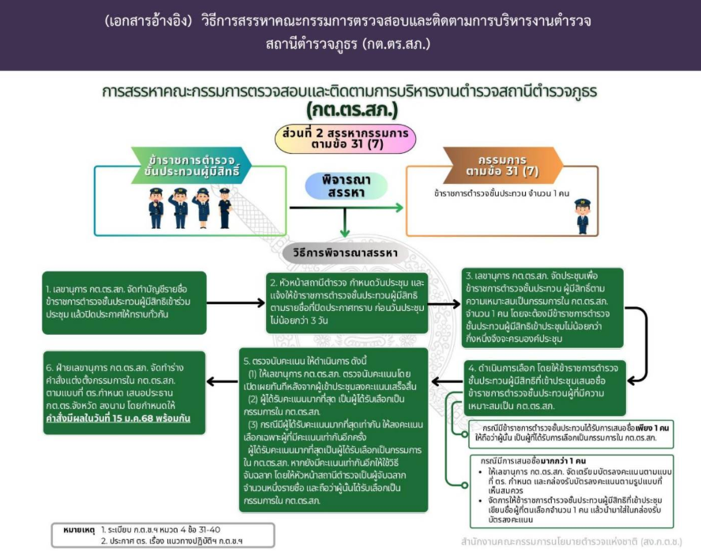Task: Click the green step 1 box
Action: point(126,302)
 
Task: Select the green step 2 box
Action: point(346,302)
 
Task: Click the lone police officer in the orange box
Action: point(583,216)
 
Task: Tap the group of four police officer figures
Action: point(189,208)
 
